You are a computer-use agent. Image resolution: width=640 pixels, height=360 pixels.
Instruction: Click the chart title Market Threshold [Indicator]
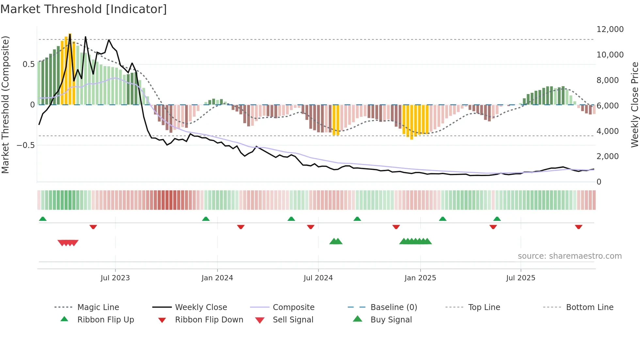(x=84, y=9)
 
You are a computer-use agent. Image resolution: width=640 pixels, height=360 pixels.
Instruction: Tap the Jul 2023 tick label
(x=115, y=278)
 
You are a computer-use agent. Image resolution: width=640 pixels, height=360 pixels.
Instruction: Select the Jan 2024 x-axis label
(x=217, y=278)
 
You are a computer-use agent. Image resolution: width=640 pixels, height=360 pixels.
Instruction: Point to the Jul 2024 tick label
(x=318, y=278)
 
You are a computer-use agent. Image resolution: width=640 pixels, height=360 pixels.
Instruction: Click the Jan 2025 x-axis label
(x=420, y=278)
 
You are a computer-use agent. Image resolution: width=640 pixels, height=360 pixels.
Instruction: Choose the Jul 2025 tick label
(x=520, y=278)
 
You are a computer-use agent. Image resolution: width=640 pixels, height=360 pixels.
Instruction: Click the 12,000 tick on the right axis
(x=610, y=29)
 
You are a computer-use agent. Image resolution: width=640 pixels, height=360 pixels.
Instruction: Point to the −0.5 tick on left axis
(x=26, y=145)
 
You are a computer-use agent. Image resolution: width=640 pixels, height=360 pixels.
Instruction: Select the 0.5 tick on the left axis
(x=28, y=64)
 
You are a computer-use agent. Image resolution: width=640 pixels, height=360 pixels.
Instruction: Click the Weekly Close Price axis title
(x=634, y=105)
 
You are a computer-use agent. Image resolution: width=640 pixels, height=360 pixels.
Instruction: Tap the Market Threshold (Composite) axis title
(x=5, y=105)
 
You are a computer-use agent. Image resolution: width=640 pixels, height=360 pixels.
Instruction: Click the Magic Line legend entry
(x=98, y=307)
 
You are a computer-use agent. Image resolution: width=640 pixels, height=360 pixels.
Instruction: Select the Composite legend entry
(x=293, y=307)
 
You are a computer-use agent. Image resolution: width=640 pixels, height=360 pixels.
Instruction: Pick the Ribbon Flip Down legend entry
(x=209, y=320)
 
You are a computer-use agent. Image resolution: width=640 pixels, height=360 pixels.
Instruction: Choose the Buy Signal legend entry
(x=391, y=320)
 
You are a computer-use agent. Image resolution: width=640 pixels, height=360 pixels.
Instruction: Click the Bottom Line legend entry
(x=589, y=307)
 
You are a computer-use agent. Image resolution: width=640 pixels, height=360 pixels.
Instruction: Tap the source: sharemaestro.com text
(x=569, y=256)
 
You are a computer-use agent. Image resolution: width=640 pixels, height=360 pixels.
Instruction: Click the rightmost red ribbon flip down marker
(x=578, y=227)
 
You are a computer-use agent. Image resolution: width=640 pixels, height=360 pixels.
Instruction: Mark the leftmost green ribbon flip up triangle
(x=43, y=219)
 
